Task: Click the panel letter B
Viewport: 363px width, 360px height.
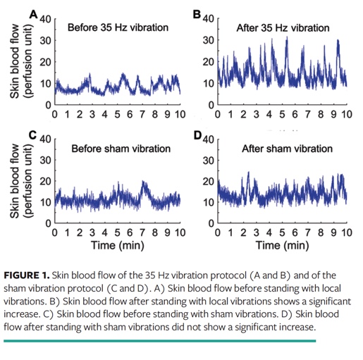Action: click(x=198, y=12)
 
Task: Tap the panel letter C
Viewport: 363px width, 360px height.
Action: click(x=32, y=133)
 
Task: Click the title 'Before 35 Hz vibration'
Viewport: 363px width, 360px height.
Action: click(x=118, y=27)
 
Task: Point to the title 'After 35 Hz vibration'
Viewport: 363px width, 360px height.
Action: click(x=283, y=28)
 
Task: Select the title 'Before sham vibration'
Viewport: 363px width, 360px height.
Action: click(x=121, y=149)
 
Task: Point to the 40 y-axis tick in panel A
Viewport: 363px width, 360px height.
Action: click(x=44, y=19)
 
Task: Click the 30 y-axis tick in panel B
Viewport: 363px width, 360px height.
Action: click(x=209, y=41)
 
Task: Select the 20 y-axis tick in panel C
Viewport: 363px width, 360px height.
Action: click(x=44, y=181)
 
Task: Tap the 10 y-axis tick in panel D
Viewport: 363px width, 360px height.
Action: click(x=209, y=203)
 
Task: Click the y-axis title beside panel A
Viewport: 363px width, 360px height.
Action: click(x=20, y=61)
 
